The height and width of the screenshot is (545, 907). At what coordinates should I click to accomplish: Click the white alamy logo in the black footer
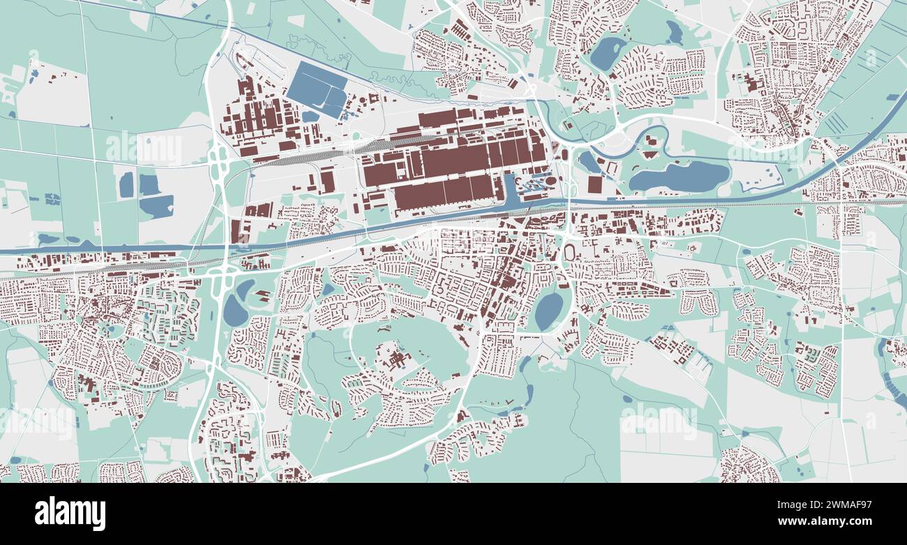[70, 514]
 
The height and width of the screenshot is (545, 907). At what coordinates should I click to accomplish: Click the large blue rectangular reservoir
[317, 89]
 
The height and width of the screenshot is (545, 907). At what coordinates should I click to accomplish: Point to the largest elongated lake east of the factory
[678, 176]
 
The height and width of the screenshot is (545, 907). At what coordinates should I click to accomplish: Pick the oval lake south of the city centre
[549, 311]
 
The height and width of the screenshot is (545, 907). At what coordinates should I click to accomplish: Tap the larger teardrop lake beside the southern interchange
[234, 311]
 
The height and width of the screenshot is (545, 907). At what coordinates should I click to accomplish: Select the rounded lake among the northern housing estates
[607, 53]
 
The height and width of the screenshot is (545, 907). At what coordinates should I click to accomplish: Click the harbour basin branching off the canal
[509, 191]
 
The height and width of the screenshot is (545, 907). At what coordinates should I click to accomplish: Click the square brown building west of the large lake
[594, 184]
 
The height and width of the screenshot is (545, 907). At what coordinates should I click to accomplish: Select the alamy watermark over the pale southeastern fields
[658, 421]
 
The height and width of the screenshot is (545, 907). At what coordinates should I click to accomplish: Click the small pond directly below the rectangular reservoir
[309, 117]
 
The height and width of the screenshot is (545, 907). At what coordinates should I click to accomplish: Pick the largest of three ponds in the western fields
[157, 207]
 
